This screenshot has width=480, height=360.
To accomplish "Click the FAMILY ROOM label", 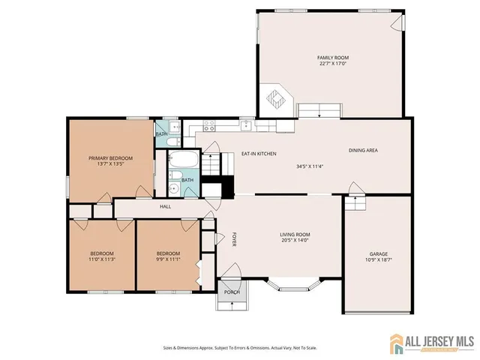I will click(332, 58).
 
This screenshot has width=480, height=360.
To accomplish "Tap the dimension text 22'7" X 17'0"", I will click(332, 64).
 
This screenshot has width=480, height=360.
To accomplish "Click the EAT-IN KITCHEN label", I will click(259, 154).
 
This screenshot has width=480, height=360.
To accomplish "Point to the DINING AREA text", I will click(363, 151).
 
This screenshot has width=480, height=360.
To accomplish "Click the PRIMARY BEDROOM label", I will click(110, 157).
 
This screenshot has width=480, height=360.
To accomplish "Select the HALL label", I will click(165, 206).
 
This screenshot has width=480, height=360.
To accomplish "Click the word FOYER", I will click(234, 238).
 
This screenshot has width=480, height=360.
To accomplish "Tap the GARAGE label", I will click(378, 253).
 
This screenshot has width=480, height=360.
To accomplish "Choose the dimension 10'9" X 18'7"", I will click(378, 260).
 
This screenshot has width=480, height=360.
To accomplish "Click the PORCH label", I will click(232, 292).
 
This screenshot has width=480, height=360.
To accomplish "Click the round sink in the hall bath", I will click(172, 188).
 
